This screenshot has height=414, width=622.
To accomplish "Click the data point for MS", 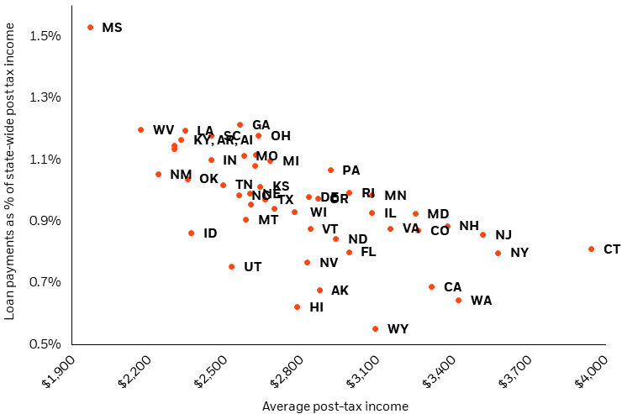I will click(x=91, y=28).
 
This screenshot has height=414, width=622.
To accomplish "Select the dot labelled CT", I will click(x=592, y=249).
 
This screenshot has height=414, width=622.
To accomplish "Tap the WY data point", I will click(x=375, y=328).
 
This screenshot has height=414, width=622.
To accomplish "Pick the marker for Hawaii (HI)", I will click(x=298, y=307).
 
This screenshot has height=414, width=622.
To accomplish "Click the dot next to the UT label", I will click(x=232, y=266).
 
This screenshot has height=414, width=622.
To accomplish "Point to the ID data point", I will click(x=192, y=233).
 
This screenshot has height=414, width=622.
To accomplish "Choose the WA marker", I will click(x=458, y=300).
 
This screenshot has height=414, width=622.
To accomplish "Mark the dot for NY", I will click(x=498, y=253).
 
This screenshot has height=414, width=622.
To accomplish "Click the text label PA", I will click(x=351, y=170).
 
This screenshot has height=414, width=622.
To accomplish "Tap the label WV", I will click(x=163, y=130).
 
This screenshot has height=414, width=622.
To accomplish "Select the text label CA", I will click(x=452, y=287).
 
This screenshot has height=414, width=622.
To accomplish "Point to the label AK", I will click(x=340, y=291).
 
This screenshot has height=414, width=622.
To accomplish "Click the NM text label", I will click(x=181, y=175).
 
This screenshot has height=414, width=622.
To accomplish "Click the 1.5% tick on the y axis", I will click(x=45, y=35).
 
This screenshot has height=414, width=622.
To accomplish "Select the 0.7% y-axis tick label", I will click(x=45, y=282).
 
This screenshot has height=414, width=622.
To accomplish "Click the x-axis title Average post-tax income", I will click(x=335, y=406).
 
